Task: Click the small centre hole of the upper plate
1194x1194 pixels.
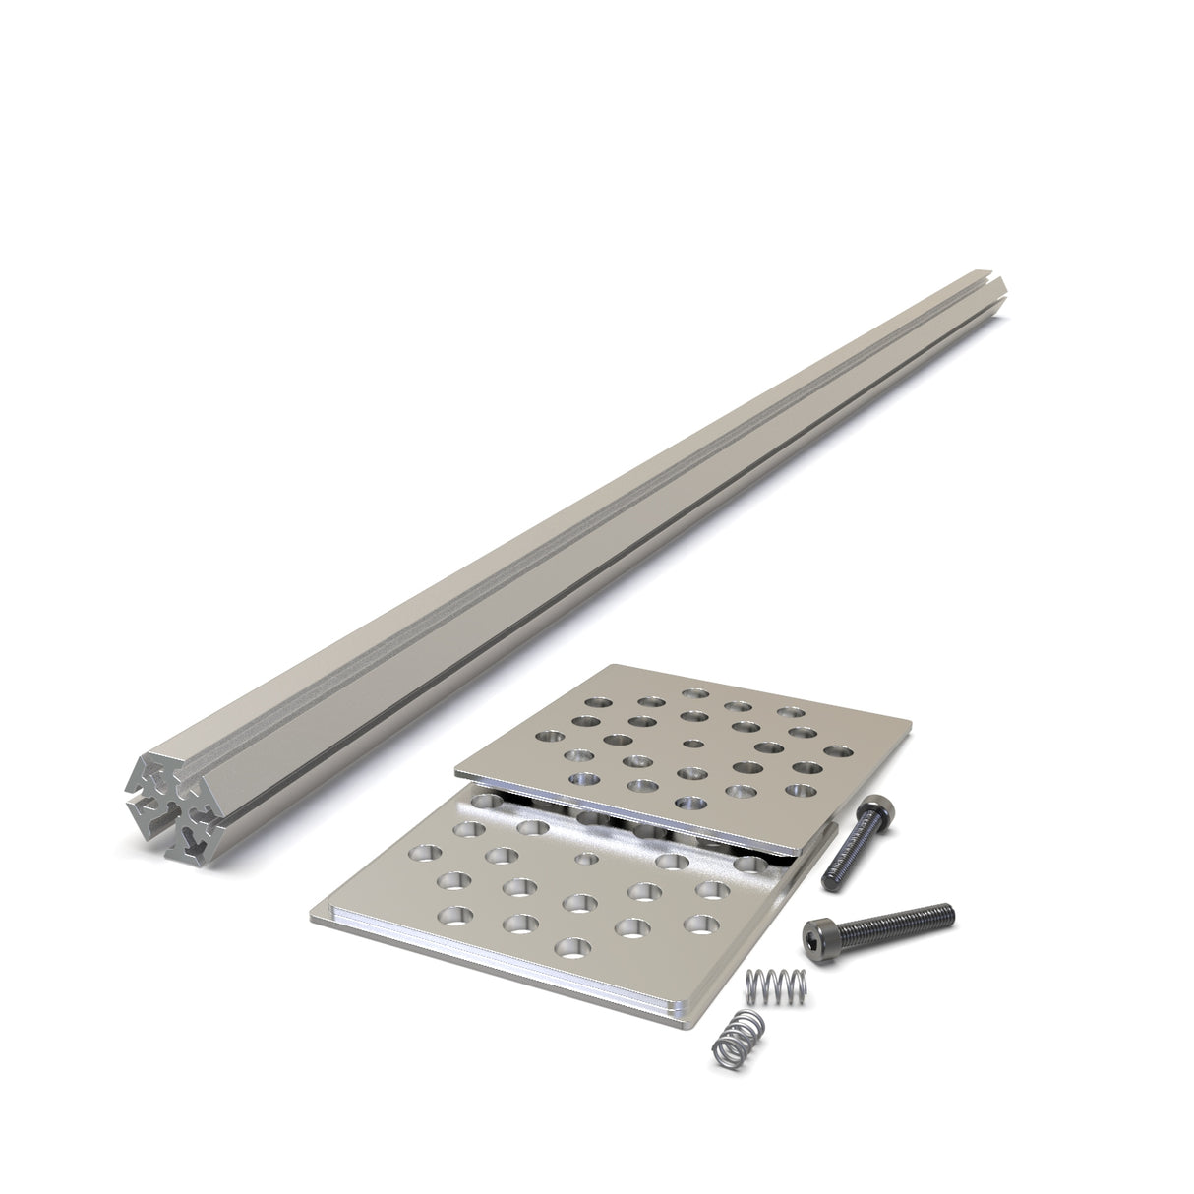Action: (693, 745)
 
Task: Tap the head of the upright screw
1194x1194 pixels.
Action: (878, 812)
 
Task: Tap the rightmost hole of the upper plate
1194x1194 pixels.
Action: (837, 752)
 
